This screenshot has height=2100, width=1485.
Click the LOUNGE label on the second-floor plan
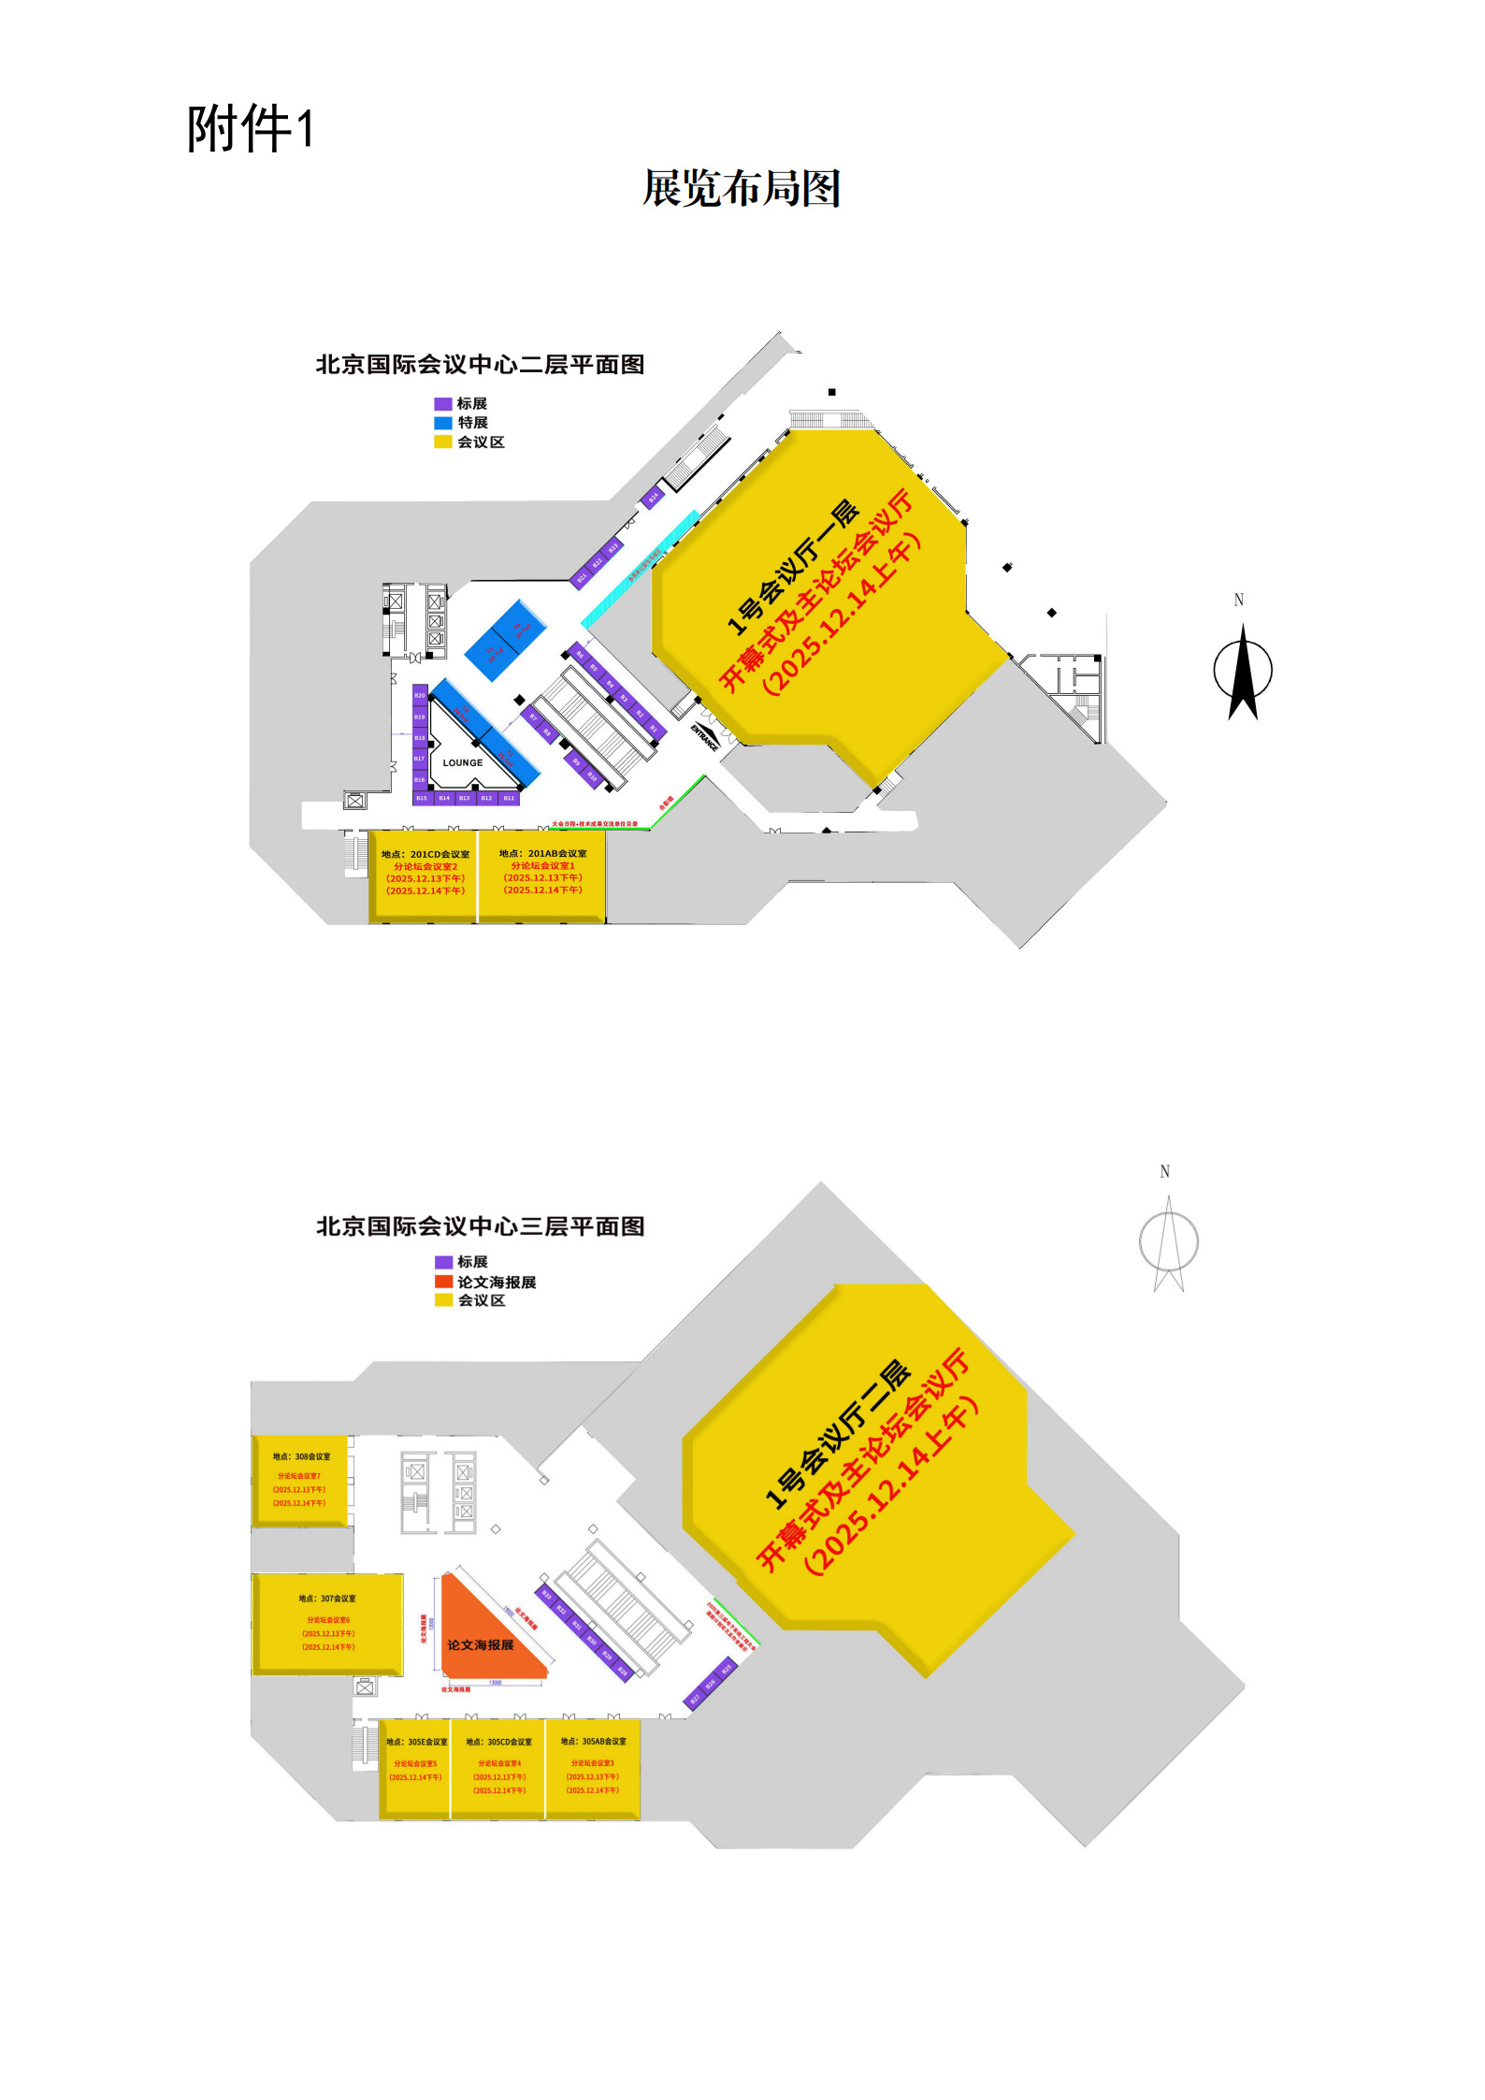tap(463, 762)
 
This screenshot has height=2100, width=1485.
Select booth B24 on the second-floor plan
tap(654, 497)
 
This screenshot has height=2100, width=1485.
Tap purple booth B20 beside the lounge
tap(420, 696)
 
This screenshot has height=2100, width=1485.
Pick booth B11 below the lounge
tap(509, 798)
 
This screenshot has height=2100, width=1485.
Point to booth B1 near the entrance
tap(654, 728)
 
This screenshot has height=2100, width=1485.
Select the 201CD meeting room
tap(425, 876)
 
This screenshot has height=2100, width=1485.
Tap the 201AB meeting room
tap(542, 876)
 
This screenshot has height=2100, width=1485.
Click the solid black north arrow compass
tap(1243, 671)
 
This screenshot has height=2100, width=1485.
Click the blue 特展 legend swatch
tap(443, 423)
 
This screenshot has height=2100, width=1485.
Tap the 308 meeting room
tap(300, 1481)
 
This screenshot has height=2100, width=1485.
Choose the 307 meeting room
tap(327, 1623)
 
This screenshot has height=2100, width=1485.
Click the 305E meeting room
tap(415, 1767)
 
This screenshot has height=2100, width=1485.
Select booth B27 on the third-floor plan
tap(695, 1699)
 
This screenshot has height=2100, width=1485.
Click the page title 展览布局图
tap(742, 188)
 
